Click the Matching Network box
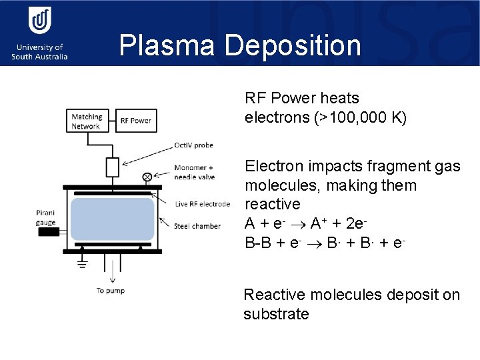coord(87,121)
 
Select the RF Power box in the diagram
coord(135,121)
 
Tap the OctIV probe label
coord(194,145)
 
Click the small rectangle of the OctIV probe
coord(112,166)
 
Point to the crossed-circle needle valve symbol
coord(147,177)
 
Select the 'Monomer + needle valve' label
coord(194,172)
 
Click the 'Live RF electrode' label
coord(202,204)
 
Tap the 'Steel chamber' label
coord(197,226)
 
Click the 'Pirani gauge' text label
coord(46,217)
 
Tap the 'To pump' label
coord(110,291)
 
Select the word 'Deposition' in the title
coord(293,46)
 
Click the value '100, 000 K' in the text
coord(369,119)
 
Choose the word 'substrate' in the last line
coord(276,314)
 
